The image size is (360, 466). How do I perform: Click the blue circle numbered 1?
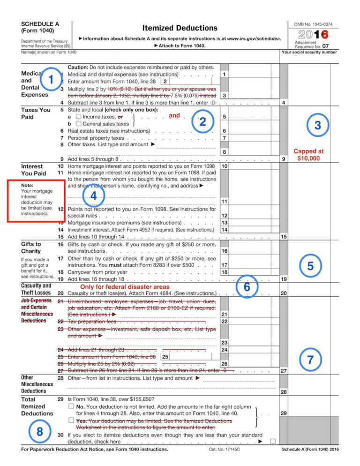pos(50,79)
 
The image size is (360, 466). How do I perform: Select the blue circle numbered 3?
pos(317,125)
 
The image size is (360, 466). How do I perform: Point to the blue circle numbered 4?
pos(93,196)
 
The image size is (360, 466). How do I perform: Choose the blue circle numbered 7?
pos(310,360)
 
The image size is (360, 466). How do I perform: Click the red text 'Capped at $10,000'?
pos(308,155)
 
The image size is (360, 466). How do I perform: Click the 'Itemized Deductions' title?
pos(180,28)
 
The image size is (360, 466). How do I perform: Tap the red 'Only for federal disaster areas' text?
pos(124,286)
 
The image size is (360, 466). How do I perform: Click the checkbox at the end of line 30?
pos(273,441)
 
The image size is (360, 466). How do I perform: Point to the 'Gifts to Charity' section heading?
pos(31,248)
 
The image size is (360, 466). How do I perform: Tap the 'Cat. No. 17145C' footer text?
pos(225,450)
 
